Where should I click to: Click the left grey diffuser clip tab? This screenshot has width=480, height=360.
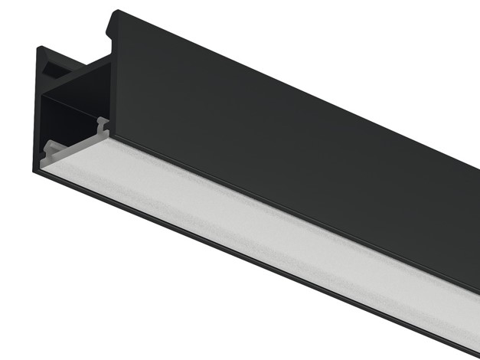(x=51, y=149)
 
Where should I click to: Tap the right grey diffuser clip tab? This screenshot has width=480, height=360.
(x=101, y=123)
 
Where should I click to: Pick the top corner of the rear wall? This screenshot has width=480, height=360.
(x=41, y=50)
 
